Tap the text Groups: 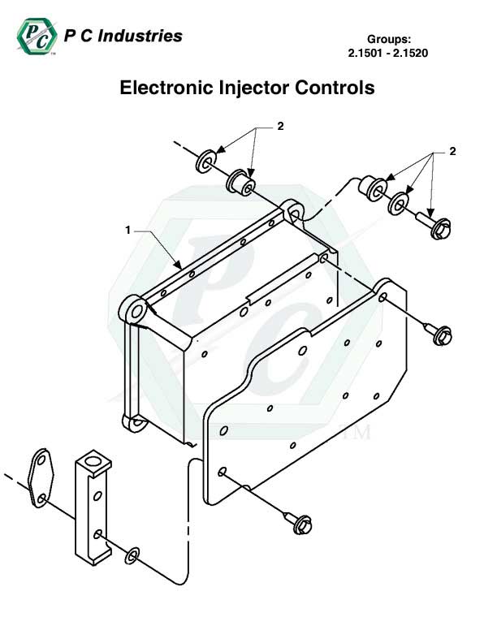pyautogui.click(x=391, y=39)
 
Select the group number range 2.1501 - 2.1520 pyautogui.click(x=387, y=54)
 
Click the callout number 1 pyautogui.click(x=127, y=231)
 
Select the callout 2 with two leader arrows pyautogui.click(x=280, y=127)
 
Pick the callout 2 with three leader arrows pyautogui.click(x=452, y=151)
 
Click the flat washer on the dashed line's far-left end pyautogui.click(x=204, y=159)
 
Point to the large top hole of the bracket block pyautogui.click(x=95, y=461)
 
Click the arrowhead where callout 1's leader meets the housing pyautogui.click(x=180, y=264)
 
